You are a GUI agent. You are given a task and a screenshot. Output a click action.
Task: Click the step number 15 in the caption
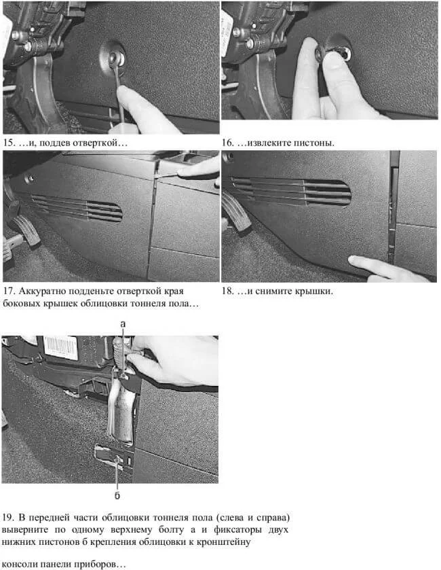[9, 143]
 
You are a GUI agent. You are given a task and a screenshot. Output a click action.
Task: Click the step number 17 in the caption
[9, 291]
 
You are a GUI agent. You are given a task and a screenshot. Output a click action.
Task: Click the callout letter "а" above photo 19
[123, 323]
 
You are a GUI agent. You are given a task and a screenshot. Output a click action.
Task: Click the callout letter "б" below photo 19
[117, 495]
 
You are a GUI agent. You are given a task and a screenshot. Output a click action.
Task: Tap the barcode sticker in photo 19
[60, 347]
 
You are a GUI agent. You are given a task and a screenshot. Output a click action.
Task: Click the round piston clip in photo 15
[113, 58]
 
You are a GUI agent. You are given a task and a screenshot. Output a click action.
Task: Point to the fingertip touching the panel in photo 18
[354, 260]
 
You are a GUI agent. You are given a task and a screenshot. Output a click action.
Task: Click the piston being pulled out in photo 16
[333, 50]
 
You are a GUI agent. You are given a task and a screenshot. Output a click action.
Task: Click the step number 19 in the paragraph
[8, 517]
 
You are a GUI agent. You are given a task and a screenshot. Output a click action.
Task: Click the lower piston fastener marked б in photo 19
[117, 461]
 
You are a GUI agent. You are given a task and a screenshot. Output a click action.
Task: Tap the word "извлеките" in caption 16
[264, 143]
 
